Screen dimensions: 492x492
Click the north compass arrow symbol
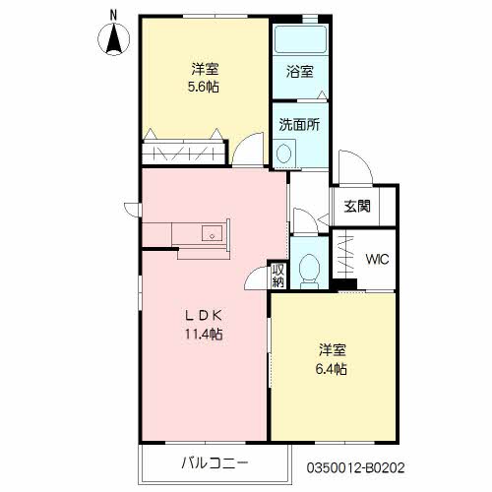point(114,39)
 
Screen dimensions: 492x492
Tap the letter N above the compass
point(113,16)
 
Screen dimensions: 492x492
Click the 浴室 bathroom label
point(300,72)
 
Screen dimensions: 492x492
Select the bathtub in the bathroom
point(300,39)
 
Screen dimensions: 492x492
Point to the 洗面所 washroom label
point(299,125)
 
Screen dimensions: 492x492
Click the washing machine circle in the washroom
point(284,154)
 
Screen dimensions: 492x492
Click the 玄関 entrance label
point(357,207)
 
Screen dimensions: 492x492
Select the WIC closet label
point(377,260)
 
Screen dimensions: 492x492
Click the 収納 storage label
point(278,276)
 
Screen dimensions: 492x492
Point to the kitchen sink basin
point(212,233)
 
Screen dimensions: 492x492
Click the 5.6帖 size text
point(204,87)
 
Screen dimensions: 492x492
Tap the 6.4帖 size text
point(332,369)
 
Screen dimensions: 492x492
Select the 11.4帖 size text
point(204,334)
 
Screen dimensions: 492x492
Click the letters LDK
point(204,316)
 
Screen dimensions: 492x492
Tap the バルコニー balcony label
point(215,463)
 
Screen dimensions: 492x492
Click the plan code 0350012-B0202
point(355,467)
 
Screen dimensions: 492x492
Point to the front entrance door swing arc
point(362,159)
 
